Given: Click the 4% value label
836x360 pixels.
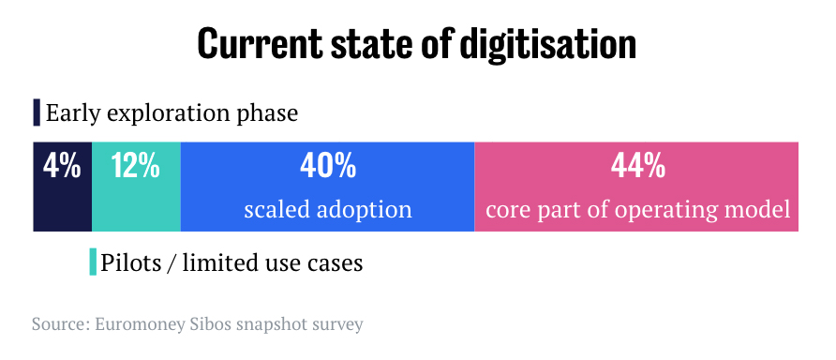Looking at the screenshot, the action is click(62, 166).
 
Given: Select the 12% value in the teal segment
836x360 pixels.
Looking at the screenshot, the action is click(135, 166).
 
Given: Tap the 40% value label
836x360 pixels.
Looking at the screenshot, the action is click(328, 166).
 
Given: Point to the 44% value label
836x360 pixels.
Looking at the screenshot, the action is click(637, 166).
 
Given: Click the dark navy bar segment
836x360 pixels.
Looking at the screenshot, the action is click(63, 187).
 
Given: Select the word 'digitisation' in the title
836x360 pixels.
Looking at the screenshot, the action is click(548, 45).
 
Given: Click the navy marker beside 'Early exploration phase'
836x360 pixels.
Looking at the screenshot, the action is click(37, 112).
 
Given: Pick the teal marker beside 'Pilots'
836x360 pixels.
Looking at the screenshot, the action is click(93, 262).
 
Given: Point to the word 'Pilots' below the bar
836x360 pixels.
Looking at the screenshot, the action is click(129, 262).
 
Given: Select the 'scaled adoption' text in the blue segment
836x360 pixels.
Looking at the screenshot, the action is click(328, 210).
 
